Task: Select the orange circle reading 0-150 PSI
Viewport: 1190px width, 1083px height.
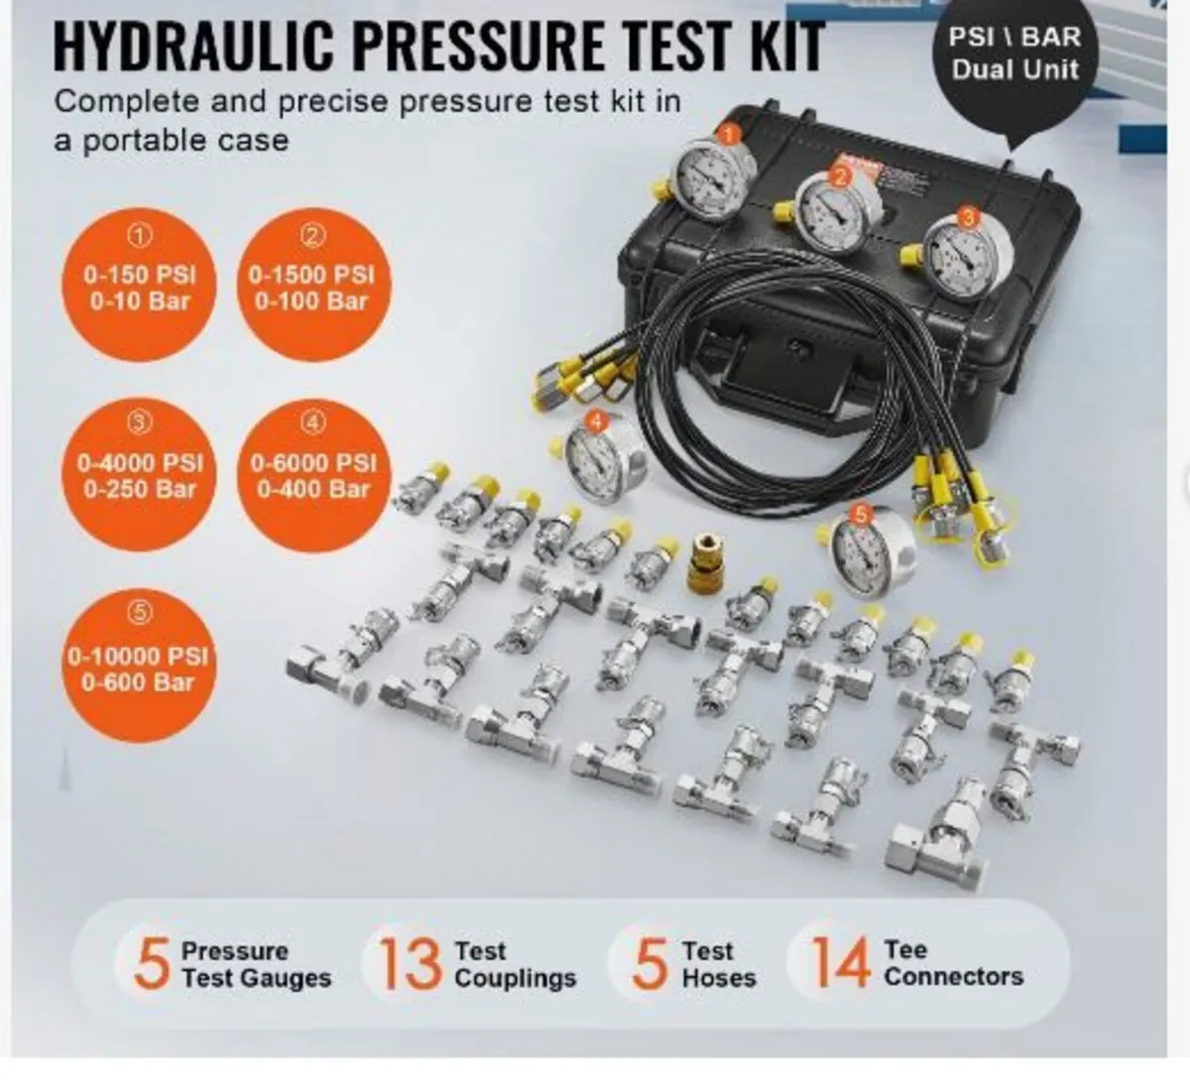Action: tap(140, 288)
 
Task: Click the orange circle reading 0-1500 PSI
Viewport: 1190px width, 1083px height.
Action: tap(313, 288)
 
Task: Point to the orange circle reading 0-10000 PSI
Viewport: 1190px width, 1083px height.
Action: tap(140, 667)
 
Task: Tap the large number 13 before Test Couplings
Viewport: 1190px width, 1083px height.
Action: tap(409, 963)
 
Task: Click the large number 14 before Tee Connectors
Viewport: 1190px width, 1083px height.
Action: tap(840, 963)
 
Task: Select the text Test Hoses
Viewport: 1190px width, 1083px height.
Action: tap(718, 965)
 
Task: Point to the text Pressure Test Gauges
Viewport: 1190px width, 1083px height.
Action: tap(256, 965)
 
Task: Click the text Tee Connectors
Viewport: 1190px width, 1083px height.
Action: tap(952, 963)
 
